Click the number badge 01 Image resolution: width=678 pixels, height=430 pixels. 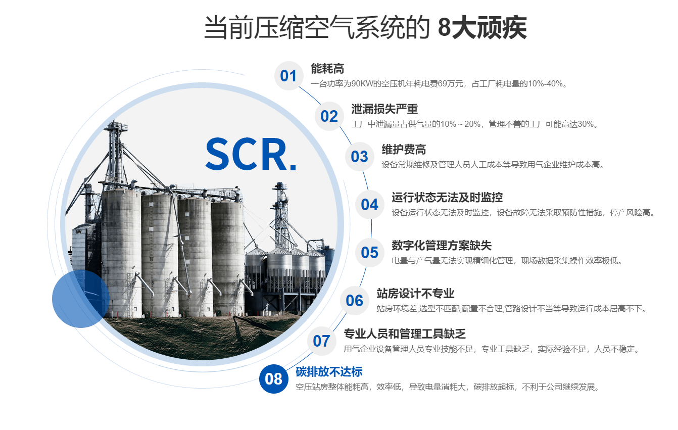(289, 76)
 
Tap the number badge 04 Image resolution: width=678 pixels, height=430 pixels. (370, 205)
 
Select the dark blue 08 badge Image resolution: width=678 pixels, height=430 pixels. (274, 379)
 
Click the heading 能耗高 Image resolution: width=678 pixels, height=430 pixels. (327, 69)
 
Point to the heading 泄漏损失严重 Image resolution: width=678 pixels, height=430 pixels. (384, 109)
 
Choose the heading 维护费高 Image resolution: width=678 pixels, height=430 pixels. (404, 150)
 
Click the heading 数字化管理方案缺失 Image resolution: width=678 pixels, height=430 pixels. (442, 246)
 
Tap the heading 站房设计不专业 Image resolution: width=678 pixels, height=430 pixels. (415, 294)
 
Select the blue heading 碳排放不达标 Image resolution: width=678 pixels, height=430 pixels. (329, 372)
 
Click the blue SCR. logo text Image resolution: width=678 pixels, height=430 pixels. (251, 155)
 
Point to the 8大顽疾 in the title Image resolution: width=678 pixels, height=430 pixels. (482, 28)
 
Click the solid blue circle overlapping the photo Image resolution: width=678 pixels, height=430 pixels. (80, 299)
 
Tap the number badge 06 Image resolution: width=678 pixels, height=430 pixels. (355, 301)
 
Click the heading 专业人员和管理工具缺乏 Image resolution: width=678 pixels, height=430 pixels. (405, 334)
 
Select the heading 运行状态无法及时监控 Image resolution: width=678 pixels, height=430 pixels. (447, 198)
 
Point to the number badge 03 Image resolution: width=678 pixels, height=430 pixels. (360, 157)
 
